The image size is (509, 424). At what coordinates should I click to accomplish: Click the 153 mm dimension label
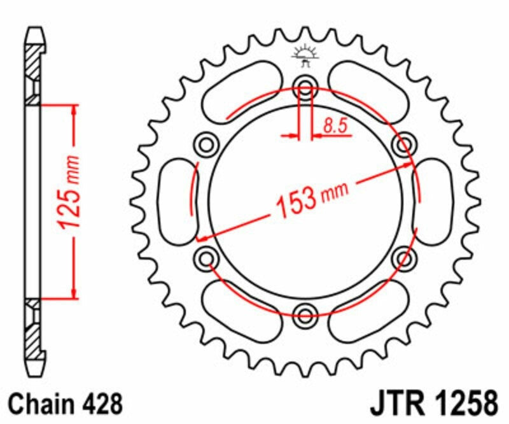click(x=312, y=200)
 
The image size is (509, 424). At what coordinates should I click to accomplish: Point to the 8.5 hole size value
click(x=336, y=125)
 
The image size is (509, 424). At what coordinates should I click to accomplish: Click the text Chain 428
click(x=66, y=404)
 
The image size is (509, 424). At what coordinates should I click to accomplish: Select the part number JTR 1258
click(x=434, y=403)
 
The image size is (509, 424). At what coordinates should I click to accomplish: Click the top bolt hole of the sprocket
click(x=305, y=87)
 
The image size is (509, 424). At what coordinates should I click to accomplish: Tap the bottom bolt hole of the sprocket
click(x=305, y=315)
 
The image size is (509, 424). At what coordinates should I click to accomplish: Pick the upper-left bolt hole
click(x=206, y=144)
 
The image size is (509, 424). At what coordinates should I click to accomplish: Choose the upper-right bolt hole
click(x=404, y=144)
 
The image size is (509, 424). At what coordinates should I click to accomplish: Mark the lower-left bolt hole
click(x=206, y=258)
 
